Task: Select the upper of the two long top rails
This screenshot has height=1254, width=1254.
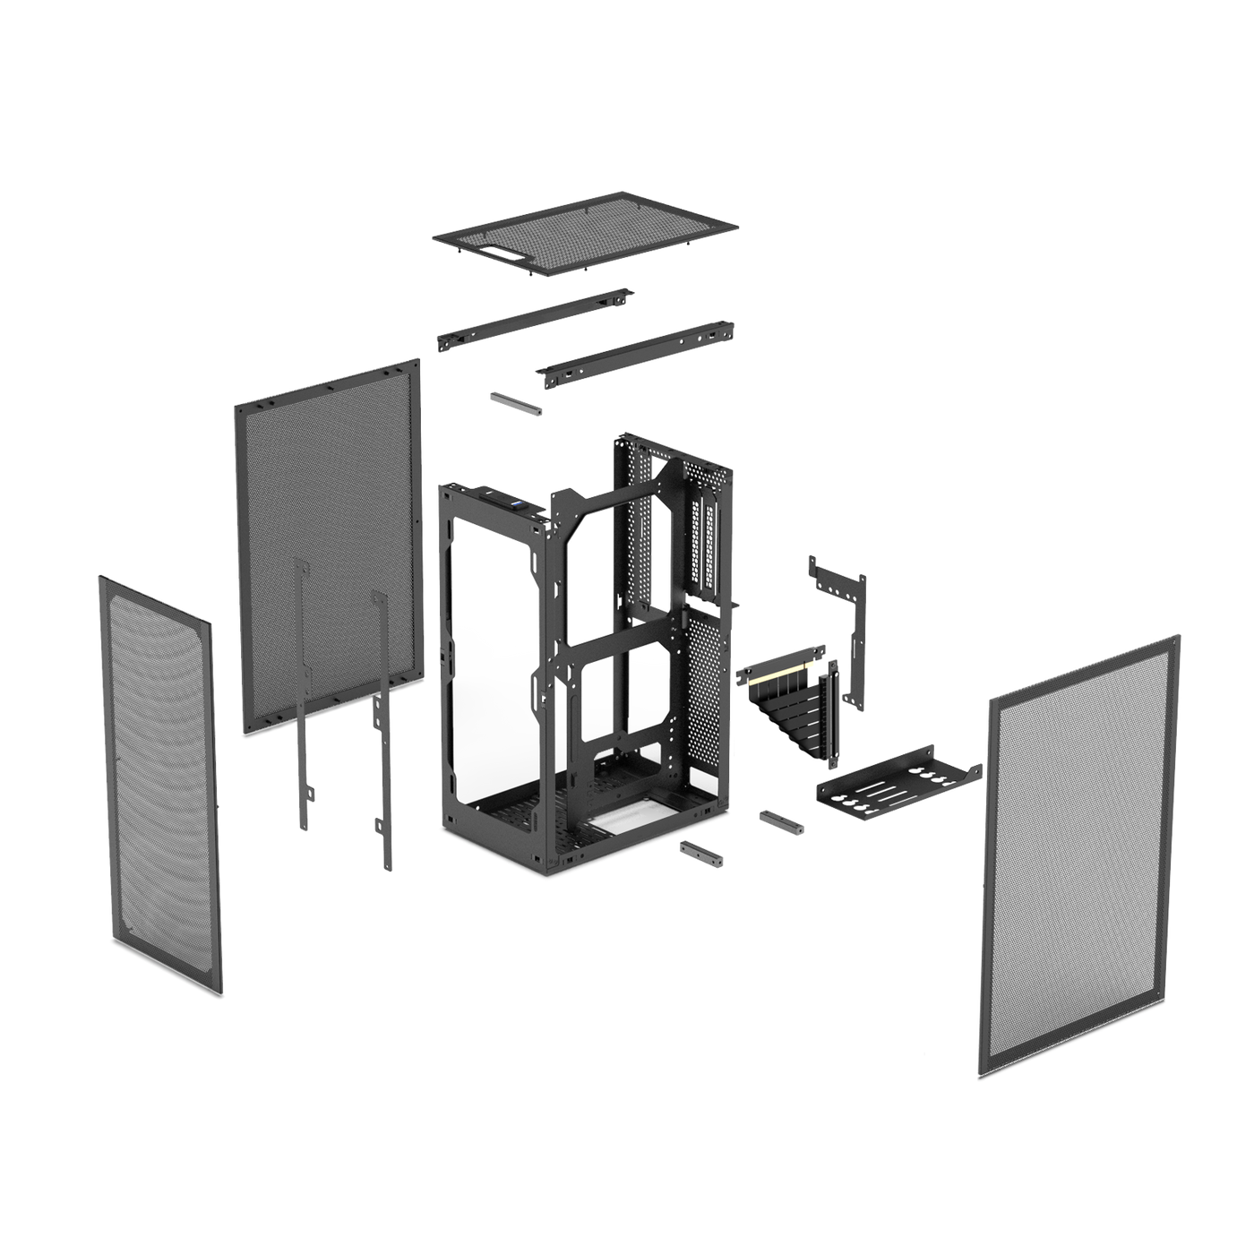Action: click(x=535, y=318)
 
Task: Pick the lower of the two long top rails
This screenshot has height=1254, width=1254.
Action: click(x=636, y=353)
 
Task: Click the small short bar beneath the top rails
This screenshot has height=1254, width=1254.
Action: click(x=516, y=402)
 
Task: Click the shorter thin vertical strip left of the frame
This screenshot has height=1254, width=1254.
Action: click(x=302, y=699)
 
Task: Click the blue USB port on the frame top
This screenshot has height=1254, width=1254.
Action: click(x=517, y=505)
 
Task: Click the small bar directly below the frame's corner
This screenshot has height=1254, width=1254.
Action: click(x=701, y=853)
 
